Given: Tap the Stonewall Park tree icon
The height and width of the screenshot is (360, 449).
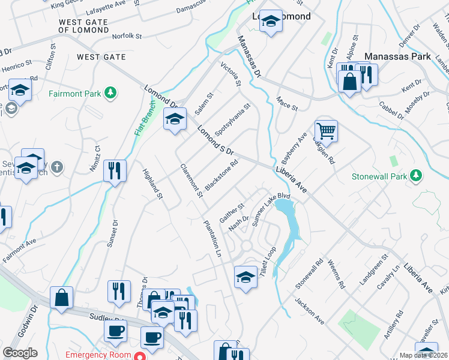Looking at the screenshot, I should pos(414,176).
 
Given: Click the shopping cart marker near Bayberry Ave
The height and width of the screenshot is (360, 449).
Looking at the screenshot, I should pos(325,130).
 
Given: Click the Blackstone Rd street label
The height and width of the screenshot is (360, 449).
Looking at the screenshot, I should pos(221,175).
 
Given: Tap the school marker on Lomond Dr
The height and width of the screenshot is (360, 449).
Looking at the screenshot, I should pos(175,119).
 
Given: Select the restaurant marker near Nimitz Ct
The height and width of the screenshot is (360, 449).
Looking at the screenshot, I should pos(114,170).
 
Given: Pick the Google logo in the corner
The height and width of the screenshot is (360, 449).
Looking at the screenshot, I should pos(19,353).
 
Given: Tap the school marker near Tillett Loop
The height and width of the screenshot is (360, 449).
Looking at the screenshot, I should pos(245,278).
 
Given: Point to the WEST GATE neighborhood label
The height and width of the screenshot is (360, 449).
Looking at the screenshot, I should pos(101,57).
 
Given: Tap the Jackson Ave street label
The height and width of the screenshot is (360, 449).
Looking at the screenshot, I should pos(309,312).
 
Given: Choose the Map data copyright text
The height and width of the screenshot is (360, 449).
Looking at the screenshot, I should pos(424,355).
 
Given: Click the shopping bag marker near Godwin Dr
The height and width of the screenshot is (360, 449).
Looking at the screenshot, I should pos(61,298).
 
